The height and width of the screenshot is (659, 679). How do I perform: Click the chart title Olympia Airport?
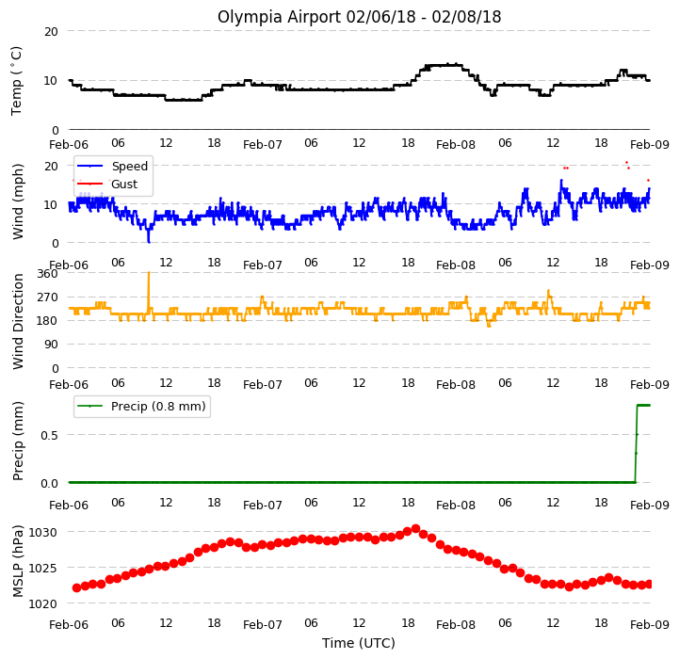280,17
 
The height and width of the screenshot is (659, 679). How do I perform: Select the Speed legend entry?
112,166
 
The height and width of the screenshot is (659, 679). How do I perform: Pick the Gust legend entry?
107,184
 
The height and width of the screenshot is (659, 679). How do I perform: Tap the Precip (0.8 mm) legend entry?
140,406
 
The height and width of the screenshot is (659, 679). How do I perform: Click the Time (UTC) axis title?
359,643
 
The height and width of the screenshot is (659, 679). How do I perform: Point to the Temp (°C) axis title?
16,81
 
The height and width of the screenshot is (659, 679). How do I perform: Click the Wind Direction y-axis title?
18,321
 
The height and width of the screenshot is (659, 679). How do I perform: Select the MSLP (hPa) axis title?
18,561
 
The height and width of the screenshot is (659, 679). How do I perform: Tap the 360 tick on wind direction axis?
48,274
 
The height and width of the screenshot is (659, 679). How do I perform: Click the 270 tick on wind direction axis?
48,297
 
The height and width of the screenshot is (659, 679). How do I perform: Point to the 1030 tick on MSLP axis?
42,532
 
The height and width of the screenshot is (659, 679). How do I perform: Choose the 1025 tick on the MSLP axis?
42,568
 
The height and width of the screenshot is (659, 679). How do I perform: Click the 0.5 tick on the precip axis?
49,435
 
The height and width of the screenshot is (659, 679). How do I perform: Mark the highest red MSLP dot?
415,529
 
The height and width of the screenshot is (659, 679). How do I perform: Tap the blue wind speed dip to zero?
149,242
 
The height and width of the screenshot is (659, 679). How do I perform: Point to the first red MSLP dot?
76,587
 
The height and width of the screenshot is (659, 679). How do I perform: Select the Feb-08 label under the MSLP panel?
456,624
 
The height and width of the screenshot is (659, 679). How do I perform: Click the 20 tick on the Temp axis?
51,32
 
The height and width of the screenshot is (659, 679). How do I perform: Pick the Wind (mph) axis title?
18,201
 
